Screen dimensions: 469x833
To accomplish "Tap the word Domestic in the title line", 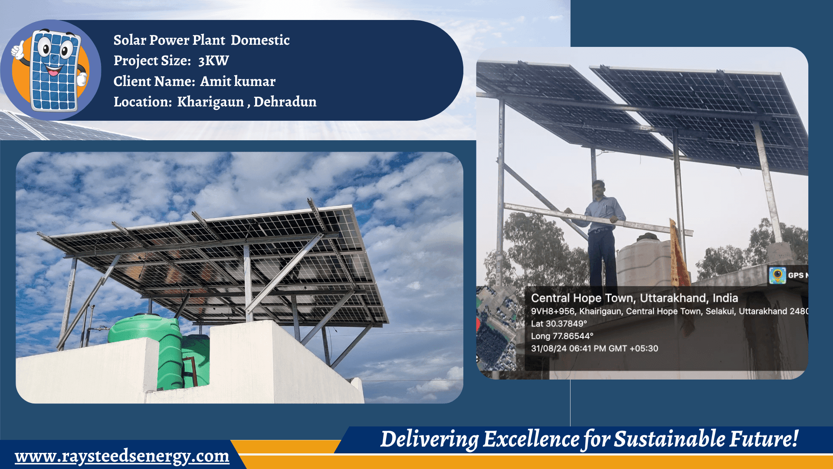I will (x=260, y=40).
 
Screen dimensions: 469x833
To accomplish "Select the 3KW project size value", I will (x=213, y=61).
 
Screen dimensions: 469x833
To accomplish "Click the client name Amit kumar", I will (x=237, y=81).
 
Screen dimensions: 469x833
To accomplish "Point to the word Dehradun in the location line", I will (x=285, y=102).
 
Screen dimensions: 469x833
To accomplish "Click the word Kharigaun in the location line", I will (x=210, y=102).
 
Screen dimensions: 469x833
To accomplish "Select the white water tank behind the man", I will (x=642, y=261).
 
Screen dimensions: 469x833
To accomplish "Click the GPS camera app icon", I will (x=777, y=275).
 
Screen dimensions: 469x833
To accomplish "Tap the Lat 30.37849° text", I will (x=558, y=324).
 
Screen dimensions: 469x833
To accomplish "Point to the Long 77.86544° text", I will (x=562, y=336).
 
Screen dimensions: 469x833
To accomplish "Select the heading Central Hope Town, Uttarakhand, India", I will (x=634, y=298).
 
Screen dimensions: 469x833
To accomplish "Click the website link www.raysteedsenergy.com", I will (x=122, y=456).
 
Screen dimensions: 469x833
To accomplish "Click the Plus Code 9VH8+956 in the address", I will (x=553, y=311).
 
